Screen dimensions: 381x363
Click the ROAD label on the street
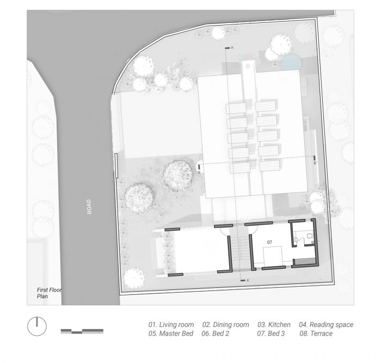89,207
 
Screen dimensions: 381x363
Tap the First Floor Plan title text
49,293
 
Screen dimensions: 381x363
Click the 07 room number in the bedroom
269,243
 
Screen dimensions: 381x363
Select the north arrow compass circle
37,326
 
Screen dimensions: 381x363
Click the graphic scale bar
82,331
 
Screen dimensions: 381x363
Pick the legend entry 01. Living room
171,324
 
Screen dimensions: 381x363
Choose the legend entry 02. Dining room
226,324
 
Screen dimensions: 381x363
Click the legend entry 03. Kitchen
274,324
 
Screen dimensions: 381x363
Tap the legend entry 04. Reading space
326,324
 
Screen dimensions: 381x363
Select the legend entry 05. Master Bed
171,334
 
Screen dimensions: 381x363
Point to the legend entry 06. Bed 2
216,334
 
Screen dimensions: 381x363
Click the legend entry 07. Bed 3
271,334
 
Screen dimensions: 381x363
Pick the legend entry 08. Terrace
316,334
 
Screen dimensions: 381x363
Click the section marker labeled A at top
229,48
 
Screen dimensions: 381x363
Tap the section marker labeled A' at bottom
245,281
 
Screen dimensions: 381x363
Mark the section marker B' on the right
315,160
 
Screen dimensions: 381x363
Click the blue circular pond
292,62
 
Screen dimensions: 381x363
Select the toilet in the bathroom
310,236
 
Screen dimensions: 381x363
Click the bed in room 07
273,256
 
